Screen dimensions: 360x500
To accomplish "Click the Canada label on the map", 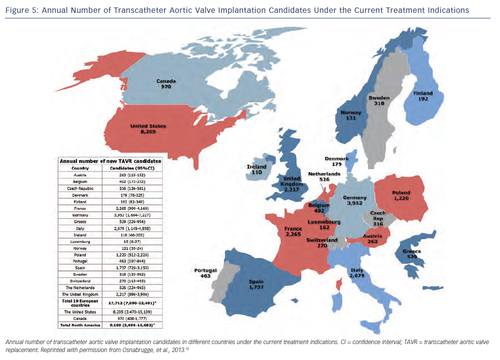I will click(x=166, y=81).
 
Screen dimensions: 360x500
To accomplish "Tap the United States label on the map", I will click(x=148, y=126).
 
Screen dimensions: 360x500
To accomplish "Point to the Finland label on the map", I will click(x=423, y=93).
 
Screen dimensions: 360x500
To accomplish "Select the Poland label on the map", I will click(x=401, y=192).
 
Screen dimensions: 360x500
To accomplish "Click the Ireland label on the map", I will click(x=257, y=167).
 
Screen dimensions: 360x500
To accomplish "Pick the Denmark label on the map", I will click(x=337, y=159).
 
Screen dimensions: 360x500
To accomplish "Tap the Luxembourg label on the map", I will click(x=323, y=221).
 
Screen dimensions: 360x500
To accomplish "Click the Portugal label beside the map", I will click(x=205, y=270).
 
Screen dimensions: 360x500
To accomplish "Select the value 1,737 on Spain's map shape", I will click(x=256, y=288).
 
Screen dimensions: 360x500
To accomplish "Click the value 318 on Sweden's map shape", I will click(x=378, y=104).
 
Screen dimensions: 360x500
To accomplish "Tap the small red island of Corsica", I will click(x=339, y=284).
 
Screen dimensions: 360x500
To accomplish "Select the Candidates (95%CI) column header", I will click(x=131, y=168).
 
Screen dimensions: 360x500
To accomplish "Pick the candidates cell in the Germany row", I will click(x=131, y=215).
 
